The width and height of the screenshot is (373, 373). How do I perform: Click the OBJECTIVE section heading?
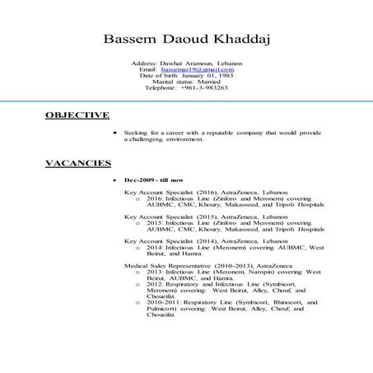[x=77, y=115]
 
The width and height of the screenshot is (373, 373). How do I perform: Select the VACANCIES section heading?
[x=78, y=164]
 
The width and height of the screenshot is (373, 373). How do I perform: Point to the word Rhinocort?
[x=278, y=303]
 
